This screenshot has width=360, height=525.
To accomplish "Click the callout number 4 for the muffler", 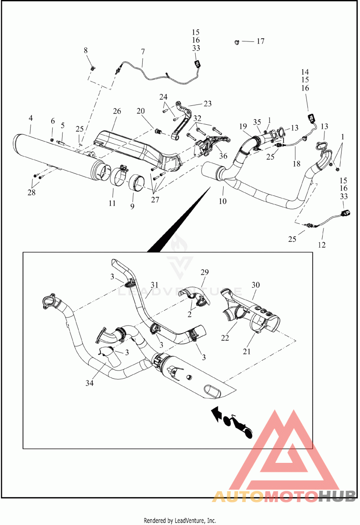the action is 31,118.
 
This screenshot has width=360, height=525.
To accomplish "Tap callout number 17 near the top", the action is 260,41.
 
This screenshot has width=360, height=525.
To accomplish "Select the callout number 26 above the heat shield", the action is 117,111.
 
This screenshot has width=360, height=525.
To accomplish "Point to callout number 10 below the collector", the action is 222,201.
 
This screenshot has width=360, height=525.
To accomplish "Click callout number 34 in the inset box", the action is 90,383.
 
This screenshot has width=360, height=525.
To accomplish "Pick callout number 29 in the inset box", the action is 204,272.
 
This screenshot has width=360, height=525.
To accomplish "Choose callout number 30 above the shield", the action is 256,285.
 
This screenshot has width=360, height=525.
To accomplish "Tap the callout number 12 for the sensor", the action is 321,245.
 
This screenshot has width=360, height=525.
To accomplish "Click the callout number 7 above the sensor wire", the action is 143,52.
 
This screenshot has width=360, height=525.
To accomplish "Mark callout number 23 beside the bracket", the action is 207,104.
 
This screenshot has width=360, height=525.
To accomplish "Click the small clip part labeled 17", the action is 237,42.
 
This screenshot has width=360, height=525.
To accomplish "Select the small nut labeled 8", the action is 92,68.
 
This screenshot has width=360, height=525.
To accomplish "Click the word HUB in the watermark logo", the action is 337,496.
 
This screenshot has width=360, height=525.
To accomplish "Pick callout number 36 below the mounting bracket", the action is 223,156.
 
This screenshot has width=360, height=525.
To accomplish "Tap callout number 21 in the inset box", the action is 247,351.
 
